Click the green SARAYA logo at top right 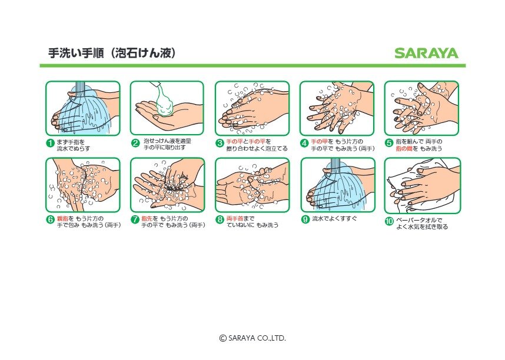426,54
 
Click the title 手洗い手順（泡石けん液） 112,54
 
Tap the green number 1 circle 51,143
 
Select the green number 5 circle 389,143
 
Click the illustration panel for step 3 252,108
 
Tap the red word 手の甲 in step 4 318,142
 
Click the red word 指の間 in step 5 403,149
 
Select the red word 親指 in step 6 62,219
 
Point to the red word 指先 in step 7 147,219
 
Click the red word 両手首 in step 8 234,219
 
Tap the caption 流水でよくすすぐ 334,219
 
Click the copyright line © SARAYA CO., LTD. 252,338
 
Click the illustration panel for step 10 422,186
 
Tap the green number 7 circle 135,220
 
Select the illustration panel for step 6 82,186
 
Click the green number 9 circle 305,219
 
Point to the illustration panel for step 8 252,186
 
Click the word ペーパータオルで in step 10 418,220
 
